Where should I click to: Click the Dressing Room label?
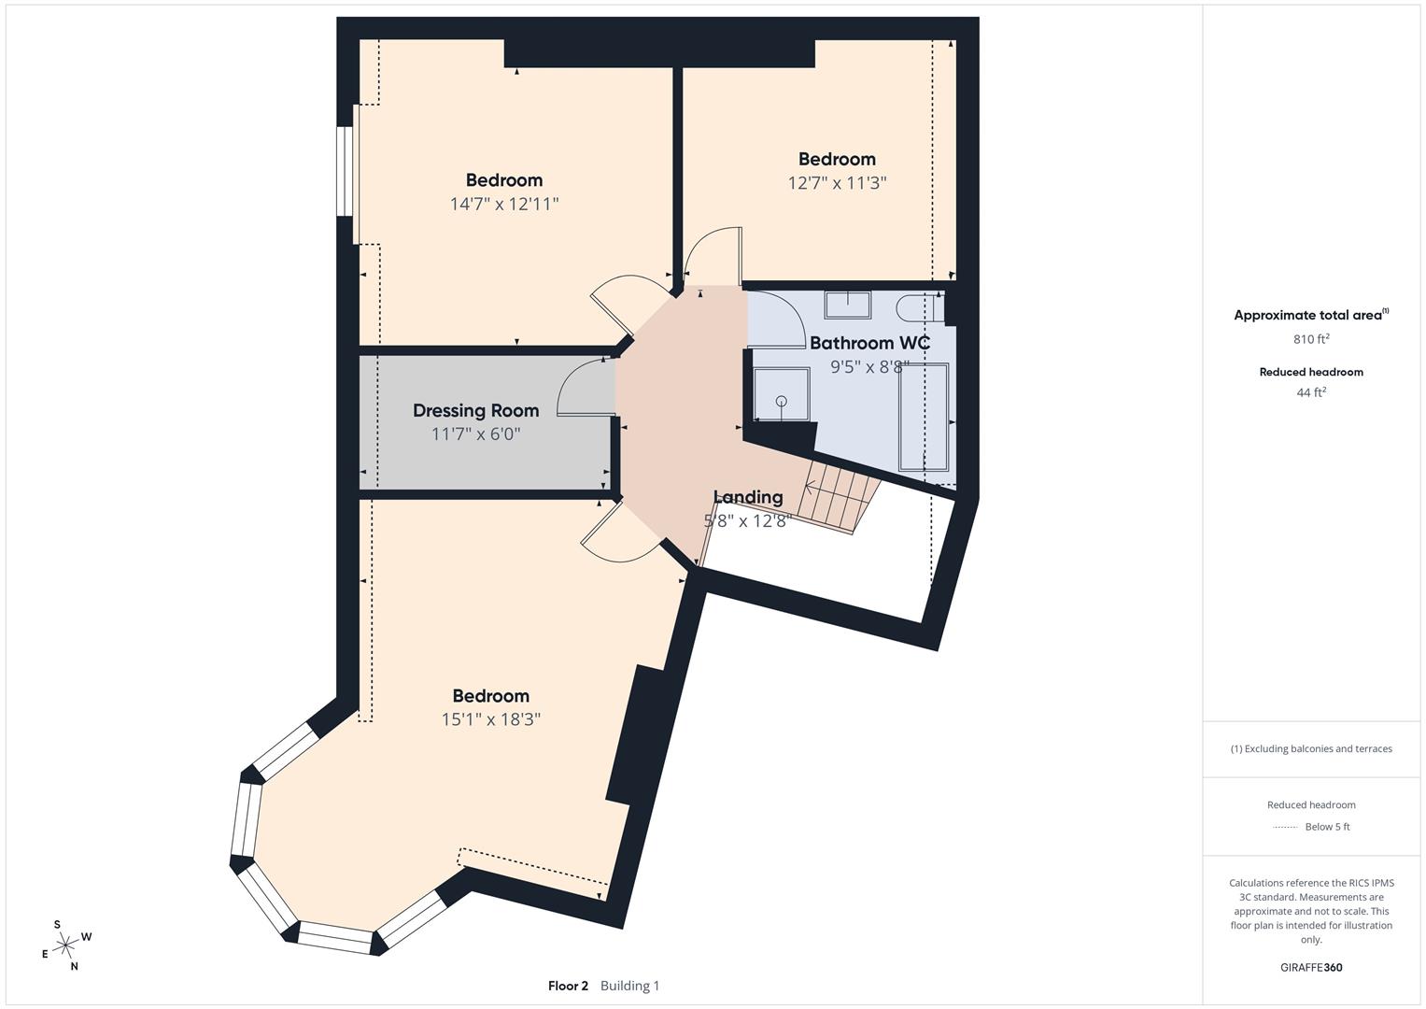point(475,410)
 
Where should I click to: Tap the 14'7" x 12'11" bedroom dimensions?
point(503,204)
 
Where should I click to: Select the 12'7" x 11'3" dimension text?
point(837,183)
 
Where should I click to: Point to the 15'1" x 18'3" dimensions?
point(491,719)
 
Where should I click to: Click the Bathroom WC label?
point(869,343)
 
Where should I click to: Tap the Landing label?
point(747,497)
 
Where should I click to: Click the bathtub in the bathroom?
point(923,418)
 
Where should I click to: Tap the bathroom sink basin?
point(848,305)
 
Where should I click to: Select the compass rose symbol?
point(66,945)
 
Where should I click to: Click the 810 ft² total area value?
point(1310,339)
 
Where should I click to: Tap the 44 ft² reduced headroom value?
point(1310,392)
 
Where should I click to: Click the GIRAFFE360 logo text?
point(1310,967)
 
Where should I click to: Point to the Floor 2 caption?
point(568,986)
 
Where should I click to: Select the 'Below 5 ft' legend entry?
point(1326,827)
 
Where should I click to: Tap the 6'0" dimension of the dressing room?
point(502,434)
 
